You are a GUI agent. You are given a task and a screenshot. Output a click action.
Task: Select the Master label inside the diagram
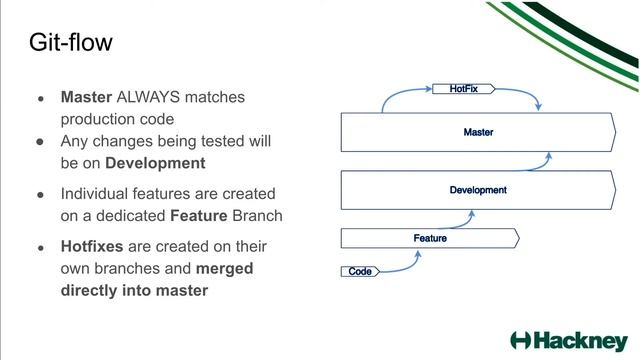point(478,132)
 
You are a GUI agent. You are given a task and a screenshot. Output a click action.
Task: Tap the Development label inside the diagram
point(478,190)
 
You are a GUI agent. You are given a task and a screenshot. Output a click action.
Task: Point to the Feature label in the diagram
point(430,238)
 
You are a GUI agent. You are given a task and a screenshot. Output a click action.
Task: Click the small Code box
point(360,272)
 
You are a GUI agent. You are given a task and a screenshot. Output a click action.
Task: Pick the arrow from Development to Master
point(546,160)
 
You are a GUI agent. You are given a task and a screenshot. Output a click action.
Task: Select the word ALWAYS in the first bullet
point(150,98)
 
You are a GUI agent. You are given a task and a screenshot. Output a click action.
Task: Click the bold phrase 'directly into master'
point(134,291)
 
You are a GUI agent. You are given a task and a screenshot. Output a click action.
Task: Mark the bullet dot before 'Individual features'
point(41,194)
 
